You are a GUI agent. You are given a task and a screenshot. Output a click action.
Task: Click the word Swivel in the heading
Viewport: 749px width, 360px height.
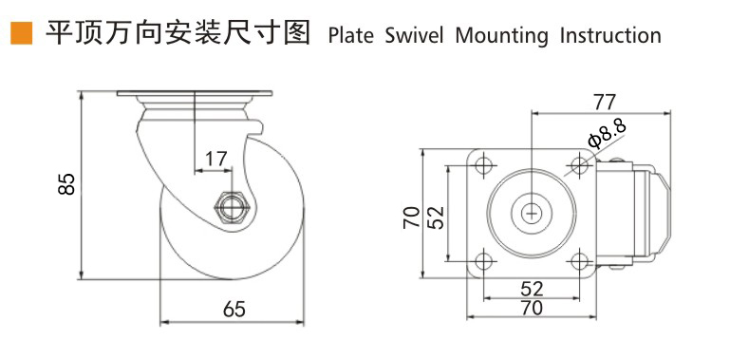coord(414,36)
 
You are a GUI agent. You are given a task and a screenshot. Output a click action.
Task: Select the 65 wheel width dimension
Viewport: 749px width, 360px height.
coord(234,309)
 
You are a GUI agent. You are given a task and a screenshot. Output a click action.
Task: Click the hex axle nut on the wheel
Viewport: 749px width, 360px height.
coord(232,205)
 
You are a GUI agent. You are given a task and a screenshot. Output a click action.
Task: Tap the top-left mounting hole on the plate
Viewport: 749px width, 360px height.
coord(483,166)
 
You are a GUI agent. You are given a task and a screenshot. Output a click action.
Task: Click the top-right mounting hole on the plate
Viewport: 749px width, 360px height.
coord(578,166)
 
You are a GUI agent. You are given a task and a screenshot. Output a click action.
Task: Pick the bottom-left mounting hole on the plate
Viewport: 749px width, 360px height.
coord(483,261)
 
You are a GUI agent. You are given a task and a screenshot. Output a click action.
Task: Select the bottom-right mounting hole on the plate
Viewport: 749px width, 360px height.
coord(578,261)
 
